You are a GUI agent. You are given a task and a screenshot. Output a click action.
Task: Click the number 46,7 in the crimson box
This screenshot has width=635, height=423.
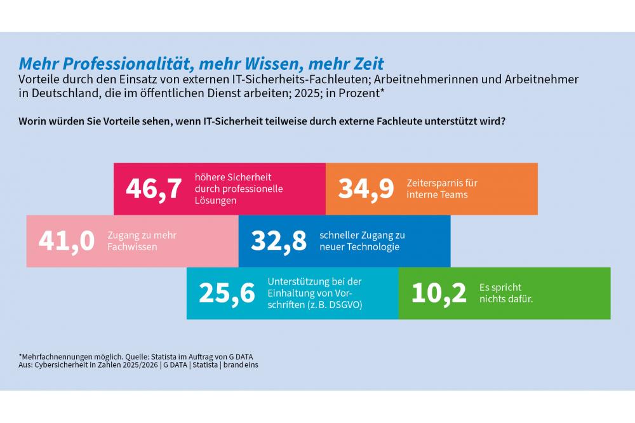[x=154, y=189]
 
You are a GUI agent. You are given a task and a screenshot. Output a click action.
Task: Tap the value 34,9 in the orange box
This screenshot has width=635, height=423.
[x=366, y=189]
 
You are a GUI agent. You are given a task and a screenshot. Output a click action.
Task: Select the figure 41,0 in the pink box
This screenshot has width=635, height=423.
[x=67, y=241]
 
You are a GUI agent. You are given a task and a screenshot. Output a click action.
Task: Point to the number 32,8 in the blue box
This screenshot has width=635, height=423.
[x=279, y=241]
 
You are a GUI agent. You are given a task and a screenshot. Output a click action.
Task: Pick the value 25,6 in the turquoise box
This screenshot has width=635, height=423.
[x=227, y=293]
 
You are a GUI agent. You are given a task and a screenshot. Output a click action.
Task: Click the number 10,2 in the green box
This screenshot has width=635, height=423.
[x=439, y=293]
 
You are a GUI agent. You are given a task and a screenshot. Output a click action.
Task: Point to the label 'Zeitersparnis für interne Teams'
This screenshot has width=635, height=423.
[x=442, y=189]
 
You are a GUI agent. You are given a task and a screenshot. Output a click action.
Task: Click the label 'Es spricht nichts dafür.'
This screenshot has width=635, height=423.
[x=506, y=293]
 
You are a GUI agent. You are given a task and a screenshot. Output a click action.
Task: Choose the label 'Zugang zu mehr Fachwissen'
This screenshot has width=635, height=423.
[x=142, y=241]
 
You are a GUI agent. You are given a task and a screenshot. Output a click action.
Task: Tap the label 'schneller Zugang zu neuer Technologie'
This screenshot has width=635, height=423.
[x=362, y=241]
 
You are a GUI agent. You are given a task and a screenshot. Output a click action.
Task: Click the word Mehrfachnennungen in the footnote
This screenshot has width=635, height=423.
[x=55, y=356]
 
